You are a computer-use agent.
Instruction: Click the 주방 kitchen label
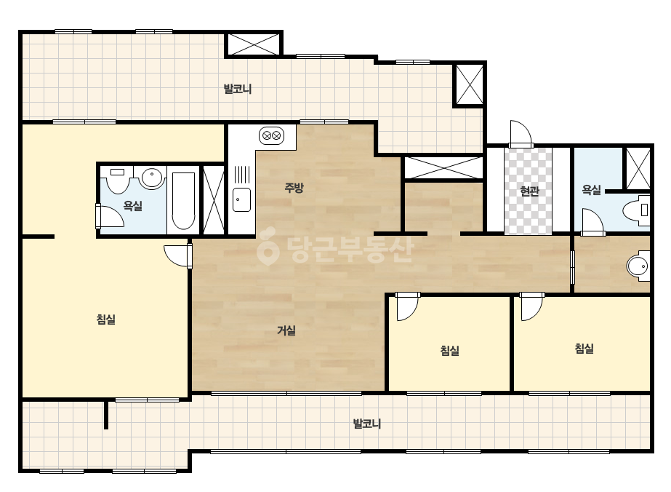pyautogui.click(x=294, y=188)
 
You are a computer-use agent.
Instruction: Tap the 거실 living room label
pyautogui.click(x=286, y=330)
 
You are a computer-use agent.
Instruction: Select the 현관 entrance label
pyautogui.click(x=529, y=191)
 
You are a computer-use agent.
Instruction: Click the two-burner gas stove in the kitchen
pyautogui.click(x=272, y=136)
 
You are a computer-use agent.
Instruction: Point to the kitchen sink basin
pyautogui.click(x=242, y=199)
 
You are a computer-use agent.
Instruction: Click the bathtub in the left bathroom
pyautogui.click(x=183, y=201)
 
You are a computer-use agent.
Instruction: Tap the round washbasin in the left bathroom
pyautogui.click(x=152, y=178)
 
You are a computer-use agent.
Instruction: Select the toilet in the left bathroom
pyautogui.click(x=117, y=180)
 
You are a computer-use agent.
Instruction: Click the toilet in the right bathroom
pyautogui.click(x=636, y=210)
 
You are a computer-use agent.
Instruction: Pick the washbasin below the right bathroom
pyautogui.click(x=638, y=266)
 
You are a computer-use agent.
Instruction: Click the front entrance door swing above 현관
pyautogui.click(x=521, y=134)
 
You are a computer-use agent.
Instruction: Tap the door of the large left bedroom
pyautogui.click(x=178, y=256)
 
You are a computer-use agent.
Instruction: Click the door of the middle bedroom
pyautogui.click(x=407, y=306)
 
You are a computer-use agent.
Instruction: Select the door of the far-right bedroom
pyautogui.click(x=532, y=306)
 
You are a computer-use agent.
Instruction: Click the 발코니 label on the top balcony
pyautogui.click(x=238, y=89)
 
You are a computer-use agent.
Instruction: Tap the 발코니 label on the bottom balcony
pyautogui.click(x=366, y=424)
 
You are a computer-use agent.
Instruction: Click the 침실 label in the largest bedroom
pyautogui.click(x=105, y=320)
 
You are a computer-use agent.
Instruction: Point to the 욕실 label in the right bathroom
pyautogui.click(x=592, y=190)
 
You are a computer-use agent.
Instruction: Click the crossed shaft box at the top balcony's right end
pyautogui.click(x=470, y=84)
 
